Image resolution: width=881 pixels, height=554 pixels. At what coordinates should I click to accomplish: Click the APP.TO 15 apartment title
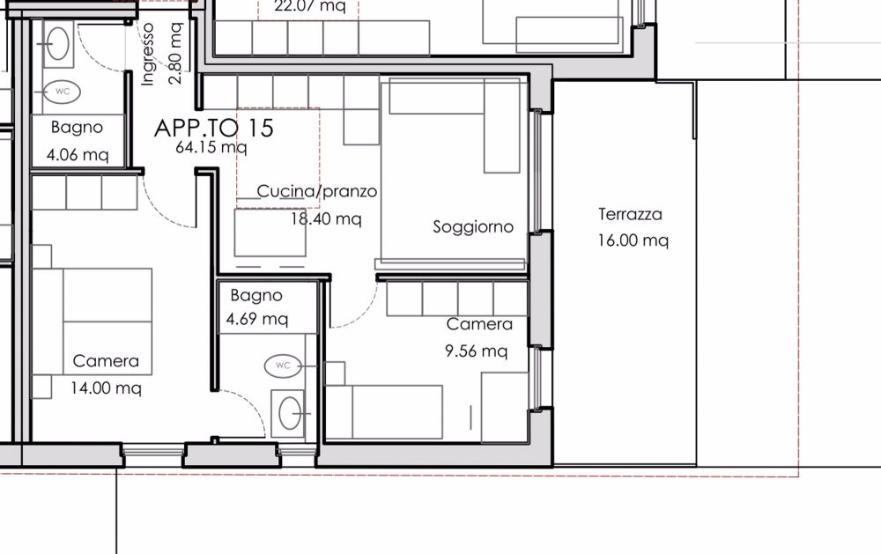[214, 128]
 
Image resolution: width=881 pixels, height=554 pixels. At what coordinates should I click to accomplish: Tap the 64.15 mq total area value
[211, 148]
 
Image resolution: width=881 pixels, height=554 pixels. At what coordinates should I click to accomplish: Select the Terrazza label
[630, 214]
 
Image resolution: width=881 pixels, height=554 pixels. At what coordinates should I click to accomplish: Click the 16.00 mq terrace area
[633, 240]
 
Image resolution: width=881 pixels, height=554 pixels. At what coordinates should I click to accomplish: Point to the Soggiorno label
[473, 227]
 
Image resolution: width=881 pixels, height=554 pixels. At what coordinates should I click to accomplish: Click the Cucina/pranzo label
[317, 191]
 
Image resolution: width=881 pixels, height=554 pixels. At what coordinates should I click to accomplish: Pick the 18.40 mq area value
[325, 218]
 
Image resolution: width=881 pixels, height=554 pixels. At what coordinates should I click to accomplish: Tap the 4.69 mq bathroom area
[257, 319]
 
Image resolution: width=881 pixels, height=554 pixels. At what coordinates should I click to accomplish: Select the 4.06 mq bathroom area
[78, 155]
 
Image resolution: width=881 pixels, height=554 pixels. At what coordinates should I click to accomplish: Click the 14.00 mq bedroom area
[106, 387]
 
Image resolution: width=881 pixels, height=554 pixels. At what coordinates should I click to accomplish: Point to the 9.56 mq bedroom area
[476, 351]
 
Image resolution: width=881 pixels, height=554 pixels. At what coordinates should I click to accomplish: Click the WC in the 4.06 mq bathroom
[63, 91]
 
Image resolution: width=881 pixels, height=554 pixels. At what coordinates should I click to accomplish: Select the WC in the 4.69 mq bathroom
[283, 365]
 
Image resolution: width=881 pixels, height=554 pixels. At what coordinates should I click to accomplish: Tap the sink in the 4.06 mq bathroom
[60, 42]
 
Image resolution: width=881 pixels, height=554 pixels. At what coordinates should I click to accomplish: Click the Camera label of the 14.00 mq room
[106, 361]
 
